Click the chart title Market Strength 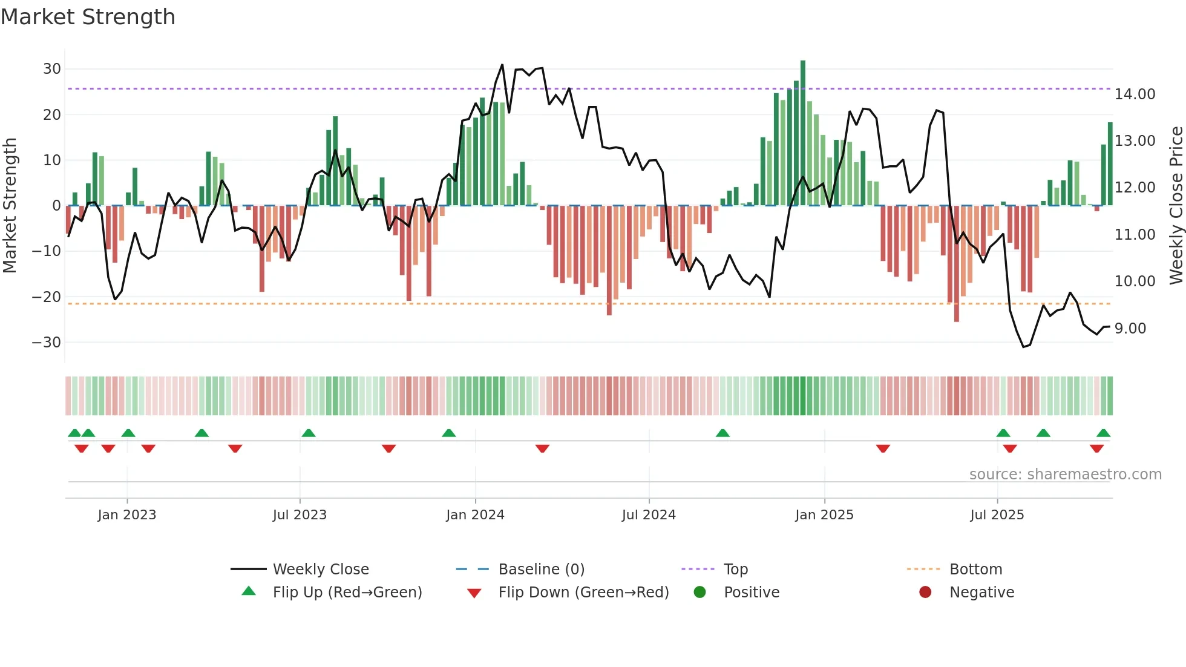tap(88, 16)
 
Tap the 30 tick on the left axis tap(51, 69)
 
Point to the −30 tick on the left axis tap(47, 343)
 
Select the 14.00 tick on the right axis tap(1135, 94)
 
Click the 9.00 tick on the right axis tap(1130, 329)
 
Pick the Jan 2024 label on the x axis tap(475, 515)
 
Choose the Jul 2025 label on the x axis tap(997, 515)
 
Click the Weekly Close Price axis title tap(1176, 206)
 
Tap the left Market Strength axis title tap(10, 206)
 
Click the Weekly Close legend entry tap(320, 570)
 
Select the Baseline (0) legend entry tap(541, 570)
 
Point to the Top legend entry tap(735, 570)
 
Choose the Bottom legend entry tap(975, 570)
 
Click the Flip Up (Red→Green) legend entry tap(347, 593)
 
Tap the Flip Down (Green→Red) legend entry tap(583, 593)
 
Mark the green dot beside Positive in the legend tap(699, 593)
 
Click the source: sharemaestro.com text tap(1065, 475)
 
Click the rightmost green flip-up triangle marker tap(1103, 433)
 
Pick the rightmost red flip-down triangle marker tap(1096, 448)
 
